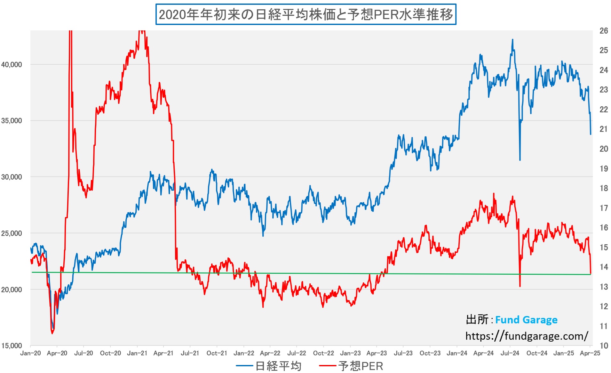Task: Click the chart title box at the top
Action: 305,14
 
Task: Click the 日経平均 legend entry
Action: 278,366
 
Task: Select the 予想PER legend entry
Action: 360,366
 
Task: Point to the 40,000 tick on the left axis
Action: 12,65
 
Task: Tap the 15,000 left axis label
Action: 12,346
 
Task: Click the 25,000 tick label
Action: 12,233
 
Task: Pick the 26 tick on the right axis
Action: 604,31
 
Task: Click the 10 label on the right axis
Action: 604,346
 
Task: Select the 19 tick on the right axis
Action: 604,169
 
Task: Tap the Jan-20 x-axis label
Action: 30,353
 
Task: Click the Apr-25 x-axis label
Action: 590,353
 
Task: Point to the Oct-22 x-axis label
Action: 323,353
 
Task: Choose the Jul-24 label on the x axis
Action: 510,353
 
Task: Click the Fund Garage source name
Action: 526,320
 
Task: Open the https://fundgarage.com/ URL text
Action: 527,336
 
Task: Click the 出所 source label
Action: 477,320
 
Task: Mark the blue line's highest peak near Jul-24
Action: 512,40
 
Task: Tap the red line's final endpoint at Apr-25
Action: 591,273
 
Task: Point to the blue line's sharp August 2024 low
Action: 520,160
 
